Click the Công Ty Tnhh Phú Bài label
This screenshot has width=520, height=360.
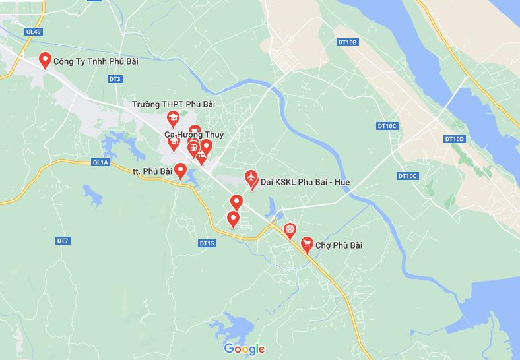(96, 61)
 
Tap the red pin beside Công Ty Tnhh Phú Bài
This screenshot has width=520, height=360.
(45, 60)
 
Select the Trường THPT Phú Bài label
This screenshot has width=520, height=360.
(173, 104)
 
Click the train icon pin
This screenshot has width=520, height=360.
(193, 147)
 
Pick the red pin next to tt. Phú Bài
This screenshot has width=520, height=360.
(179, 171)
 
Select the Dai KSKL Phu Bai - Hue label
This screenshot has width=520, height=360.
(305, 181)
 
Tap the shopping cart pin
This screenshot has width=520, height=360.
(307, 244)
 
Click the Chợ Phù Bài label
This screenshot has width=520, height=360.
(339, 246)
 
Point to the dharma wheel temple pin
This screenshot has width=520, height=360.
(289, 230)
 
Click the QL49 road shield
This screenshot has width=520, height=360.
(33, 32)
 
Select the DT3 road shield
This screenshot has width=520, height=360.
(115, 79)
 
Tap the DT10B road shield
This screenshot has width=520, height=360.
(346, 42)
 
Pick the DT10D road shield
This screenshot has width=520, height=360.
(455, 139)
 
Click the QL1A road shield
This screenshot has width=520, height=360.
(100, 162)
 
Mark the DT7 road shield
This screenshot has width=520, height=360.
(63, 241)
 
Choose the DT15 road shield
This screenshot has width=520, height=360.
(207, 243)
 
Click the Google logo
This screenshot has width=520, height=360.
(244, 349)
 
